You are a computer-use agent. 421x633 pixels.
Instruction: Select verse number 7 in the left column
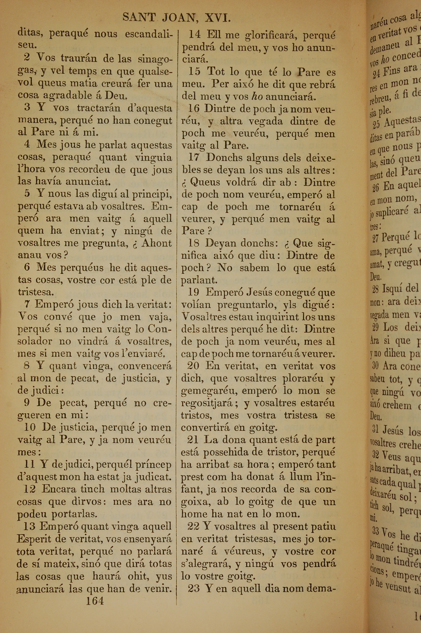pos(27,304)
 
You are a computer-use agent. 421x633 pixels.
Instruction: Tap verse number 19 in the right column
pos(193,292)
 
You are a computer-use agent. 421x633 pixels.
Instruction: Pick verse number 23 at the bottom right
pos(194,588)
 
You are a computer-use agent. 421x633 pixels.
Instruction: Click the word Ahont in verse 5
pos(157,243)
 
